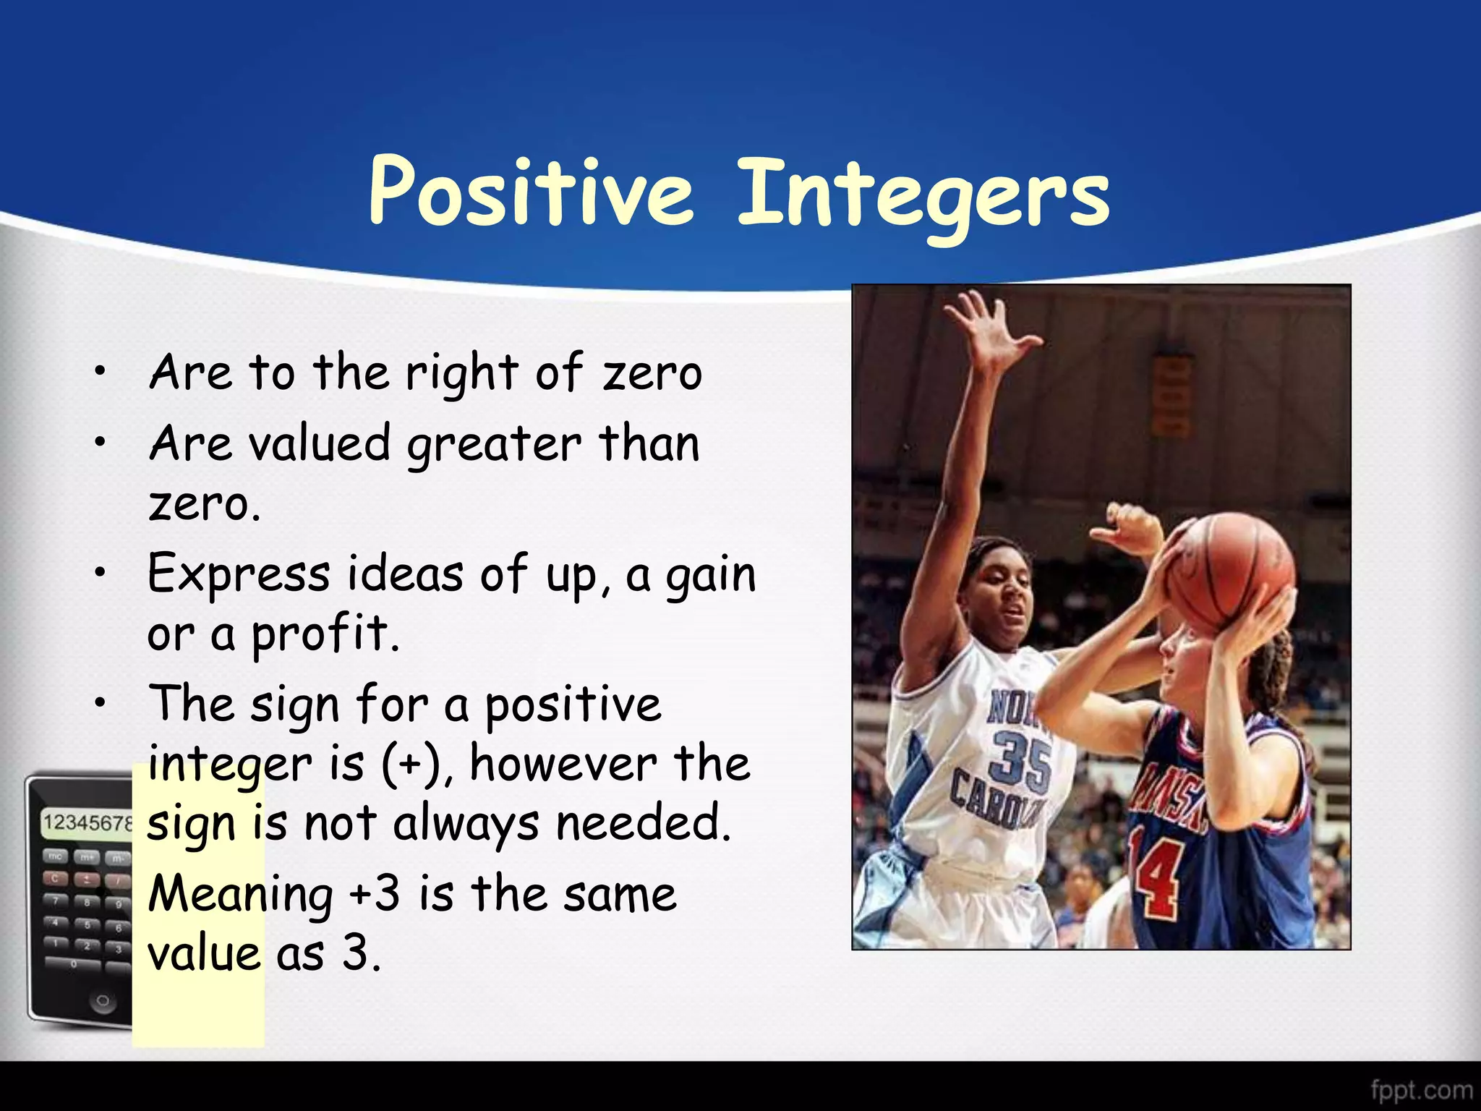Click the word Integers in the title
923,195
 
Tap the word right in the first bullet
461,374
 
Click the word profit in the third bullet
324,634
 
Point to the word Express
239,575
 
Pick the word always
466,825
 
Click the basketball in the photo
1229,571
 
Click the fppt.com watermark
1421,1089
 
